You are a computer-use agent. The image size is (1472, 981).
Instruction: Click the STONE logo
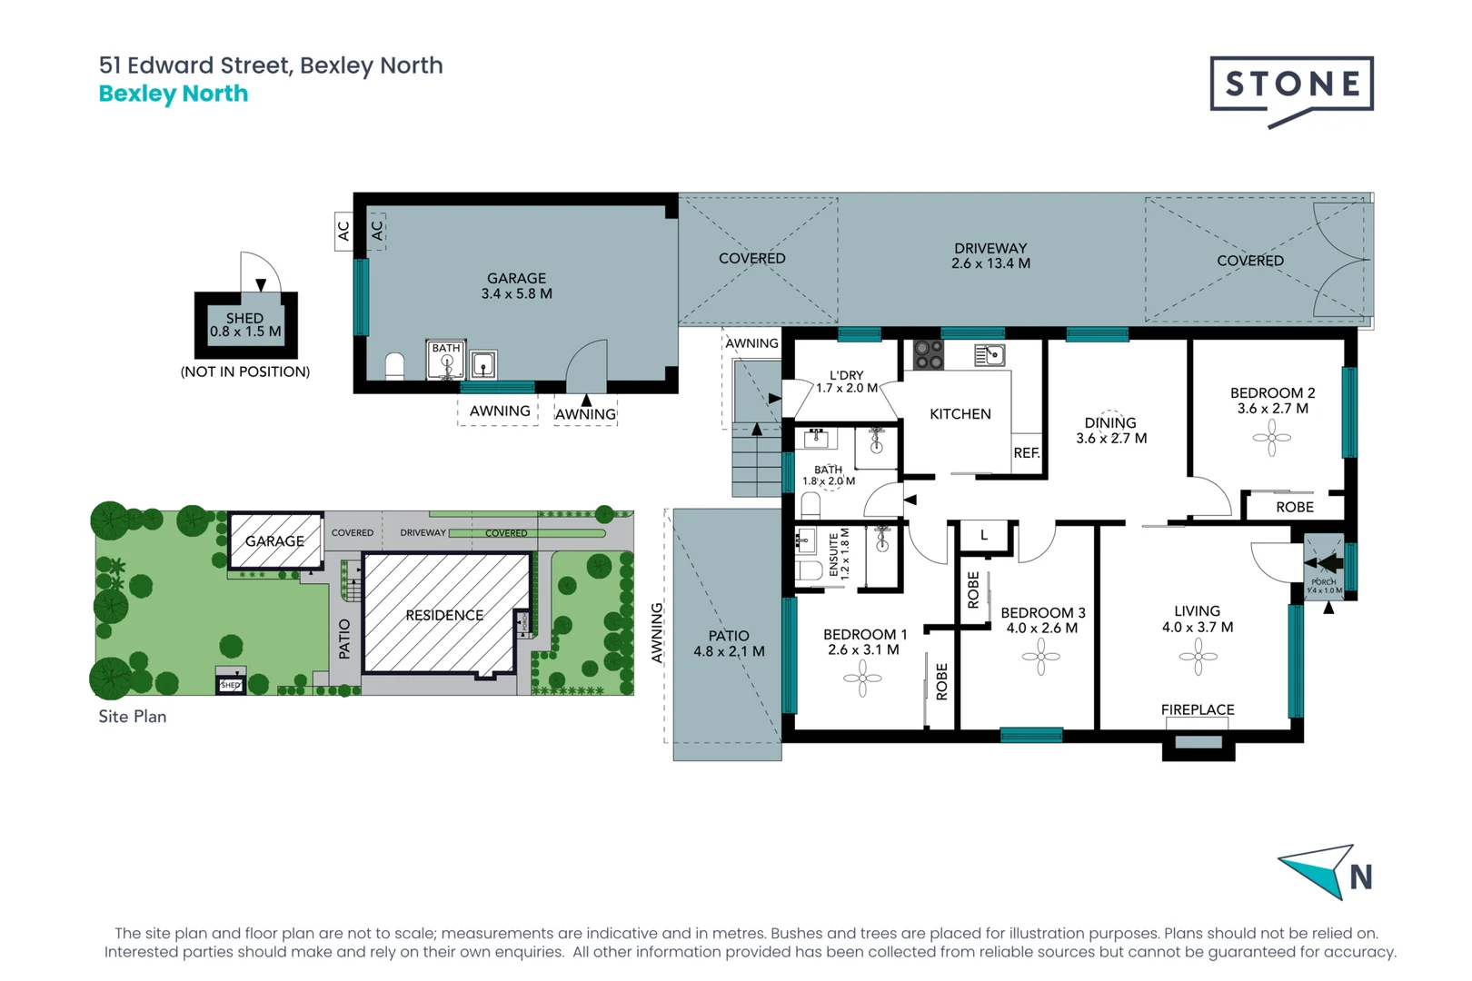1291,85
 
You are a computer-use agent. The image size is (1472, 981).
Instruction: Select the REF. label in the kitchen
1027,452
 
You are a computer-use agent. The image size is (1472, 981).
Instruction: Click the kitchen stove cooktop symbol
928,354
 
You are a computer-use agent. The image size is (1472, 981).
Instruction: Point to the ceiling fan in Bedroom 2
1271,438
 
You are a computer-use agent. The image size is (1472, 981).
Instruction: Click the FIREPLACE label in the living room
1198,709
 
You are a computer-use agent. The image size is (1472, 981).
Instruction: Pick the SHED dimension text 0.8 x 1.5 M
245,332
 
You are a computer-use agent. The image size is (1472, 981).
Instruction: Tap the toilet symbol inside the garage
394,366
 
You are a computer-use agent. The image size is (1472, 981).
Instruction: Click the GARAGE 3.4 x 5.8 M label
516,286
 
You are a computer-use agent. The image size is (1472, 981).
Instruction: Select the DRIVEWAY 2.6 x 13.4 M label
990,256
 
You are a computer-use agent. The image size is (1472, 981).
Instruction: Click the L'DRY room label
846,375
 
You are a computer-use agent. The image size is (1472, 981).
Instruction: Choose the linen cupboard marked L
984,535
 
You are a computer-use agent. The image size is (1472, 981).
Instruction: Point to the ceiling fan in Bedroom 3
1041,656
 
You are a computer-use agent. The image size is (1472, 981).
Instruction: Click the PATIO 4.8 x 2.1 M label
729,643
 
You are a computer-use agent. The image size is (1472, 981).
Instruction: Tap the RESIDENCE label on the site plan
444,615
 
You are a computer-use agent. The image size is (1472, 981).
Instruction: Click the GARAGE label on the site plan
274,540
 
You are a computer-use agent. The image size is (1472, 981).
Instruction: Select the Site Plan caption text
133,716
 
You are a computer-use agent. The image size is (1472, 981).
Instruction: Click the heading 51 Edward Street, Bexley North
271,65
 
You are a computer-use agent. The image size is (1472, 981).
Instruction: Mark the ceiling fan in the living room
1198,656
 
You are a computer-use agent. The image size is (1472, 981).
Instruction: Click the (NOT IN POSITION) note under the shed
245,372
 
